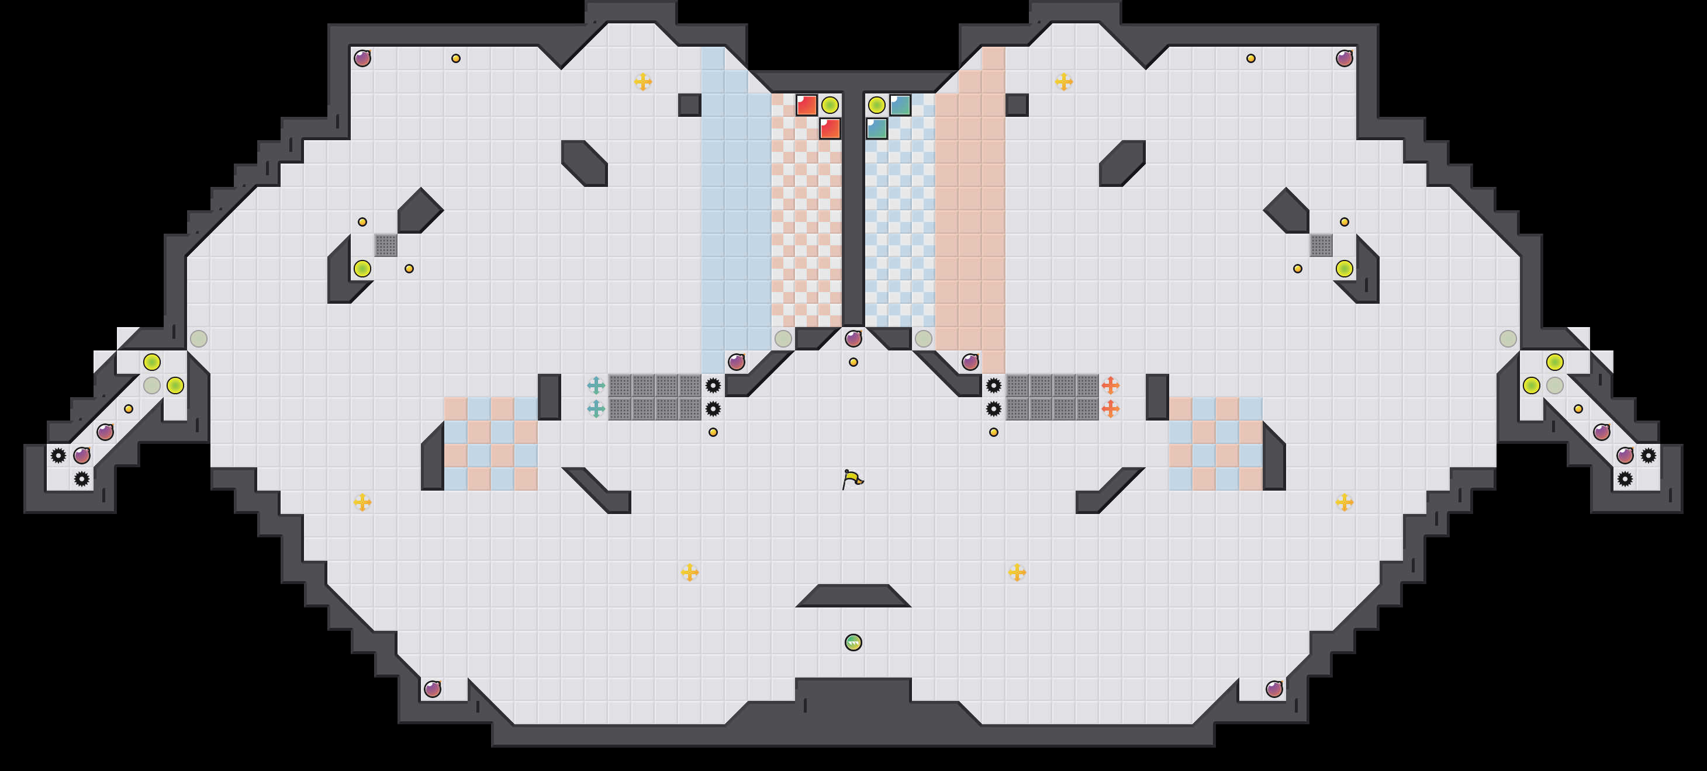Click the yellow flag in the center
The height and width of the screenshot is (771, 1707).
pyautogui.click(x=852, y=478)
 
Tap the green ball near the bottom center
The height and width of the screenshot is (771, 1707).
pyautogui.click(x=853, y=642)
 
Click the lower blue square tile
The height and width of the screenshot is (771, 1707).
pyautogui.click(x=877, y=128)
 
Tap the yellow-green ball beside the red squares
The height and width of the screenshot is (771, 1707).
pyautogui.click(x=830, y=105)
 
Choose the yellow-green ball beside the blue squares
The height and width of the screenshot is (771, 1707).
pyautogui.click(x=877, y=105)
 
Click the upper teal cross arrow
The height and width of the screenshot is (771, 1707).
pyautogui.click(x=596, y=385)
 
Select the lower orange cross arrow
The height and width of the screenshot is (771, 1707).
pyautogui.click(x=1111, y=409)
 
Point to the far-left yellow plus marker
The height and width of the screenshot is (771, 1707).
pyautogui.click(x=362, y=502)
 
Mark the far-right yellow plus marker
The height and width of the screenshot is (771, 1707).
pyautogui.click(x=1345, y=502)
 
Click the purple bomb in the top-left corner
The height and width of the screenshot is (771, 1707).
pyautogui.click(x=362, y=58)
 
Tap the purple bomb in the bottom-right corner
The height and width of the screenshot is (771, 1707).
pyautogui.click(x=1274, y=689)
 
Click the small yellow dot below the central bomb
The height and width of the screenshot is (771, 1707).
pyautogui.click(x=853, y=362)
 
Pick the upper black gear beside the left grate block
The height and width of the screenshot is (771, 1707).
pyautogui.click(x=713, y=385)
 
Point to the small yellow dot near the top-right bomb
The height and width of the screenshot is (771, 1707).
pyautogui.click(x=1251, y=58)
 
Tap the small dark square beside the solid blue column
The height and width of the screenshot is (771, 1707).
pyautogui.click(x=689, y=105)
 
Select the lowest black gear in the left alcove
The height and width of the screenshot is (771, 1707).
pyautogui.click(x=81, y=479)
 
